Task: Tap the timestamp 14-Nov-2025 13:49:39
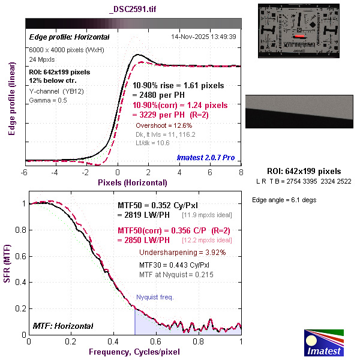pyautogui.click(x=203, y=37)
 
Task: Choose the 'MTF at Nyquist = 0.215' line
pyautogui.click(x=176, y=275)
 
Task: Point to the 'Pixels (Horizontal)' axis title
pyautogui.click(x=133, y=182)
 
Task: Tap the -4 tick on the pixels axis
pyautogui.click(x=55, y=172)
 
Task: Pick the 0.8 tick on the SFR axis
pyautogui.click(x=20, y=230)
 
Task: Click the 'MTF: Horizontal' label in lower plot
pyautogui.click(x=63, y=326)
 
